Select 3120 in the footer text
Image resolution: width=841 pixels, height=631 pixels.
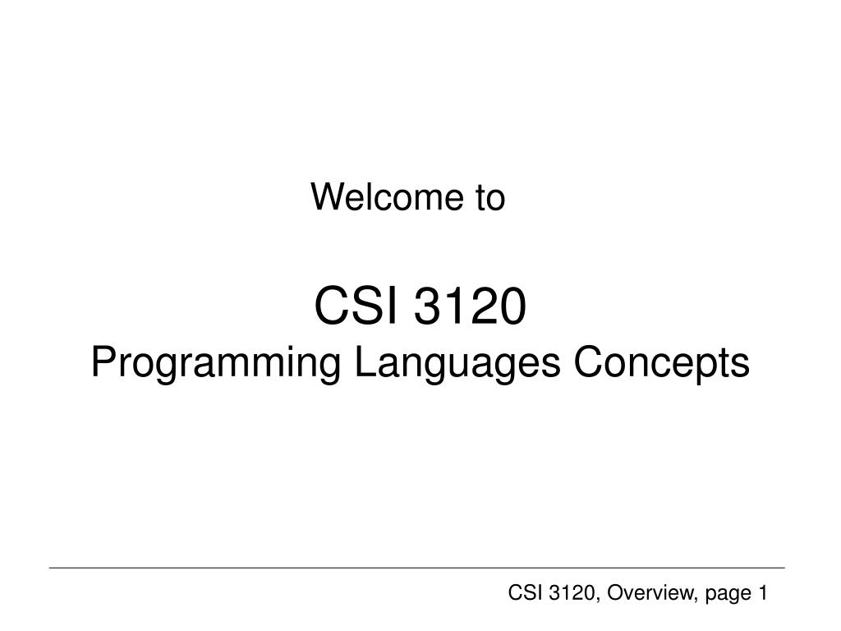564,592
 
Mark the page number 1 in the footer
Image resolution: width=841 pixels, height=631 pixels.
762,592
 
